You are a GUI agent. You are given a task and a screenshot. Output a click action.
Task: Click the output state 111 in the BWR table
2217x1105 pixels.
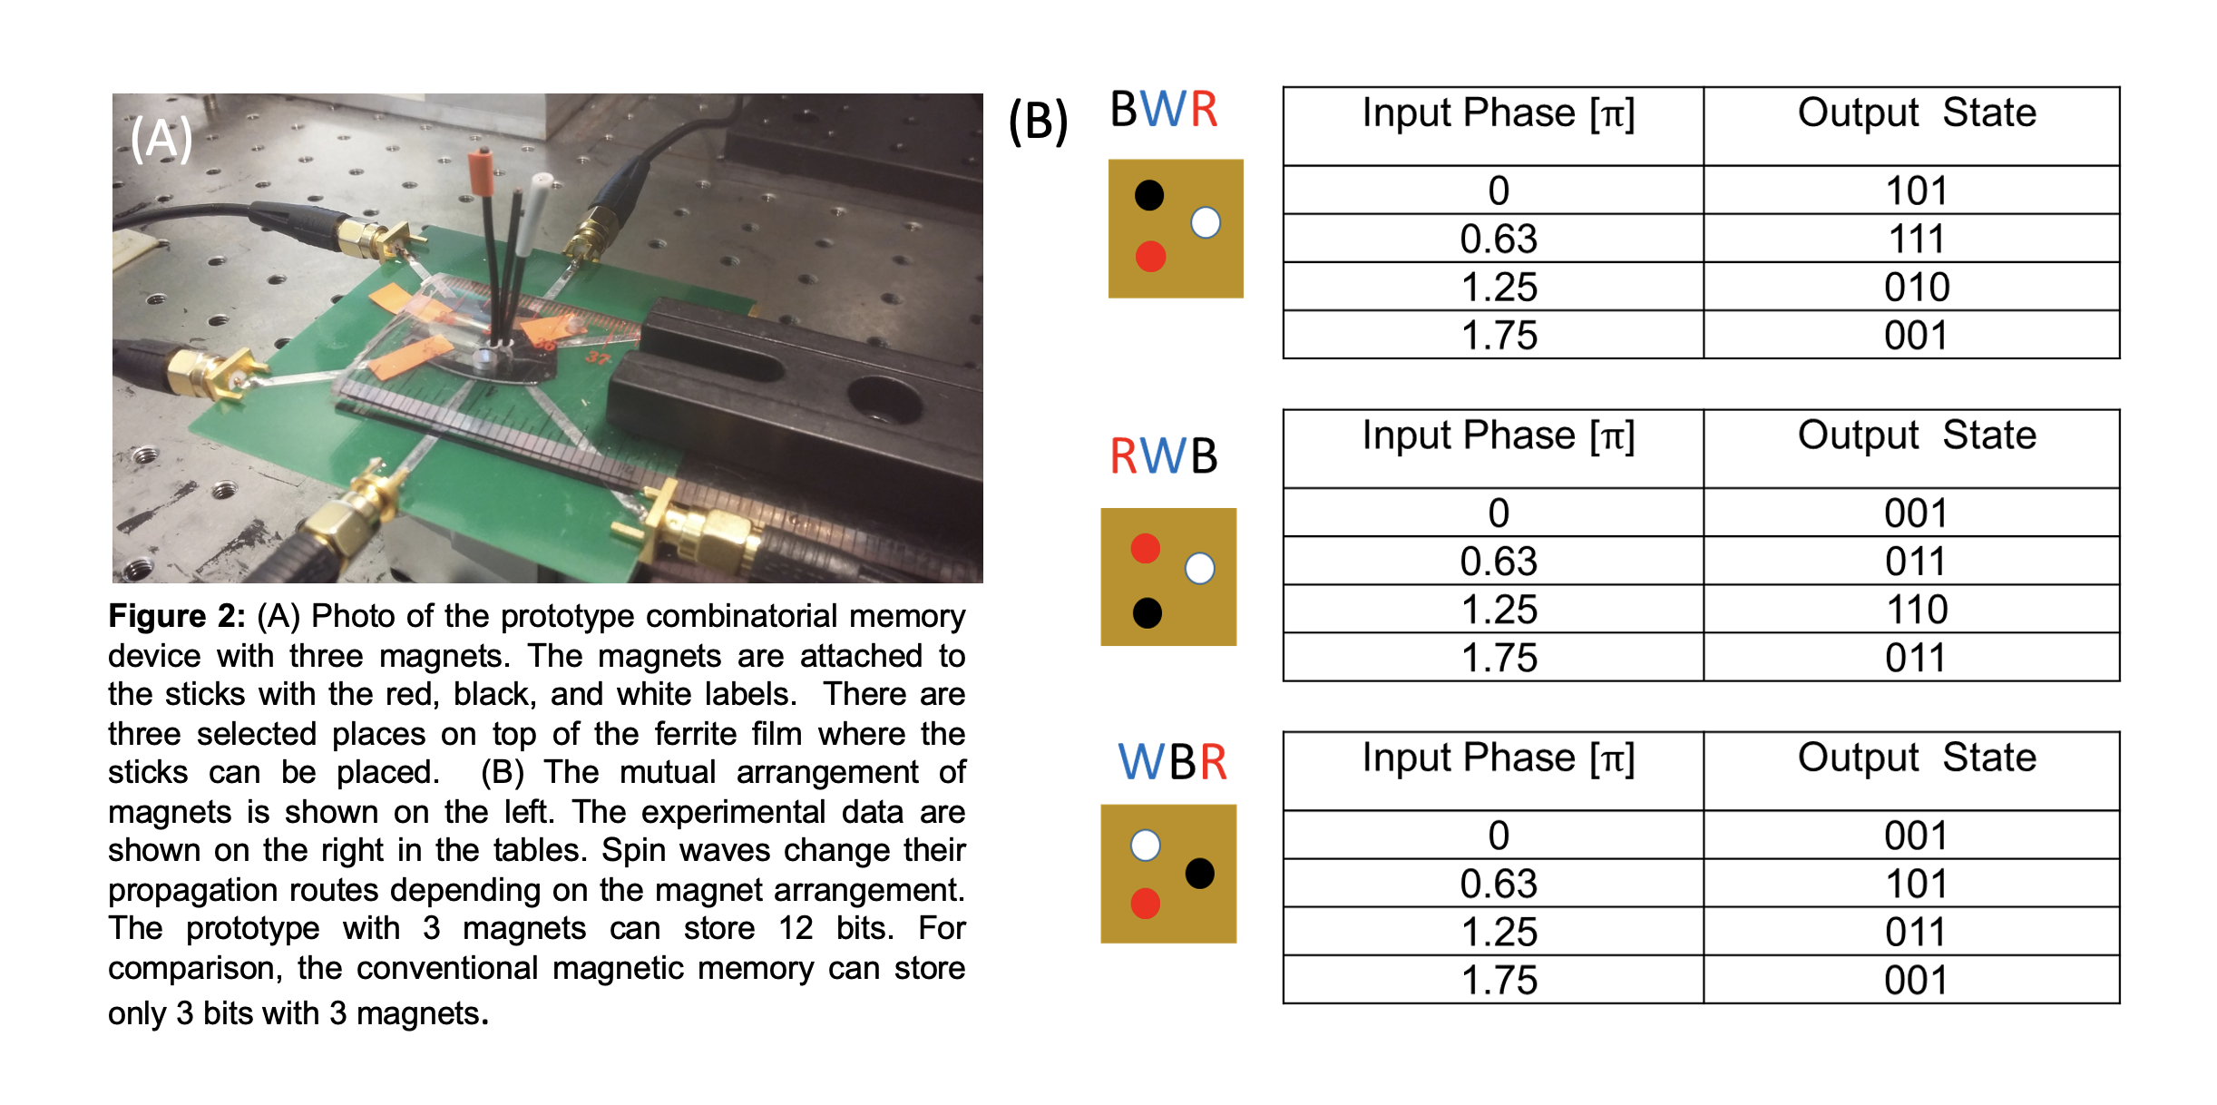[x=1916, y=240]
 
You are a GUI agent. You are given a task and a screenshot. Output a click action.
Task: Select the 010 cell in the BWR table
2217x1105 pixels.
[x=1916, y=288]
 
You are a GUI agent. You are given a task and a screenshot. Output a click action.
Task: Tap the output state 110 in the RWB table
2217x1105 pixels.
[x=1916, y=610]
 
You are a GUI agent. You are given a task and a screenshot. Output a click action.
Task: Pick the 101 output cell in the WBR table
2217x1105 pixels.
[x=1916, y=884]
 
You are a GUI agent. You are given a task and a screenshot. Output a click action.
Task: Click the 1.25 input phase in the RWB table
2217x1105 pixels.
[x=1499, y=610]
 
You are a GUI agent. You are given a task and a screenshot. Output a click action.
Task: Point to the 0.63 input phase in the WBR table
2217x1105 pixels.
[x=1499, y=884]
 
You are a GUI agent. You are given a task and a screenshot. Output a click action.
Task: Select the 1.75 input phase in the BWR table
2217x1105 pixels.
[x=1499, y=336]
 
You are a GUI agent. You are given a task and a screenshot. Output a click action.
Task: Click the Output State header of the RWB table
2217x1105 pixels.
[x=1916, y=435]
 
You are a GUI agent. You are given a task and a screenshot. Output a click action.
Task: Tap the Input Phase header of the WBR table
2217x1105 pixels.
[x=1499, y=758]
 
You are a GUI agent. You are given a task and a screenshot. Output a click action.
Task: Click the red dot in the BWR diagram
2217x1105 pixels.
[x=1150, y=257]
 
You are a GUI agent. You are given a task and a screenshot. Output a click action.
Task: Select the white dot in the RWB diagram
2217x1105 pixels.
[x=1199, y=569]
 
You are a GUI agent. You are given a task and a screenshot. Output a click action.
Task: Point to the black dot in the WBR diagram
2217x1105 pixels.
[x=1199, y=874]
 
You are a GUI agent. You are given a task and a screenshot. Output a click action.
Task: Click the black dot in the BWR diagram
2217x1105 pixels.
[x=1148, y=195]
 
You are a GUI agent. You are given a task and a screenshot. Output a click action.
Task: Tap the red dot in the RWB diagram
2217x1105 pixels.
[x=1145, y=548]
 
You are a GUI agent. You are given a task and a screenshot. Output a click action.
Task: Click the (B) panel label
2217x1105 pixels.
[x=1038, y=122]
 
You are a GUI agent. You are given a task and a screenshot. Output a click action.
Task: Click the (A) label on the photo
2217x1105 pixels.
[x=161, y=139]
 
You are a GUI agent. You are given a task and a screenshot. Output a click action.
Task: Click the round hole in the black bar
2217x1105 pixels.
[x=884, y=399]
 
